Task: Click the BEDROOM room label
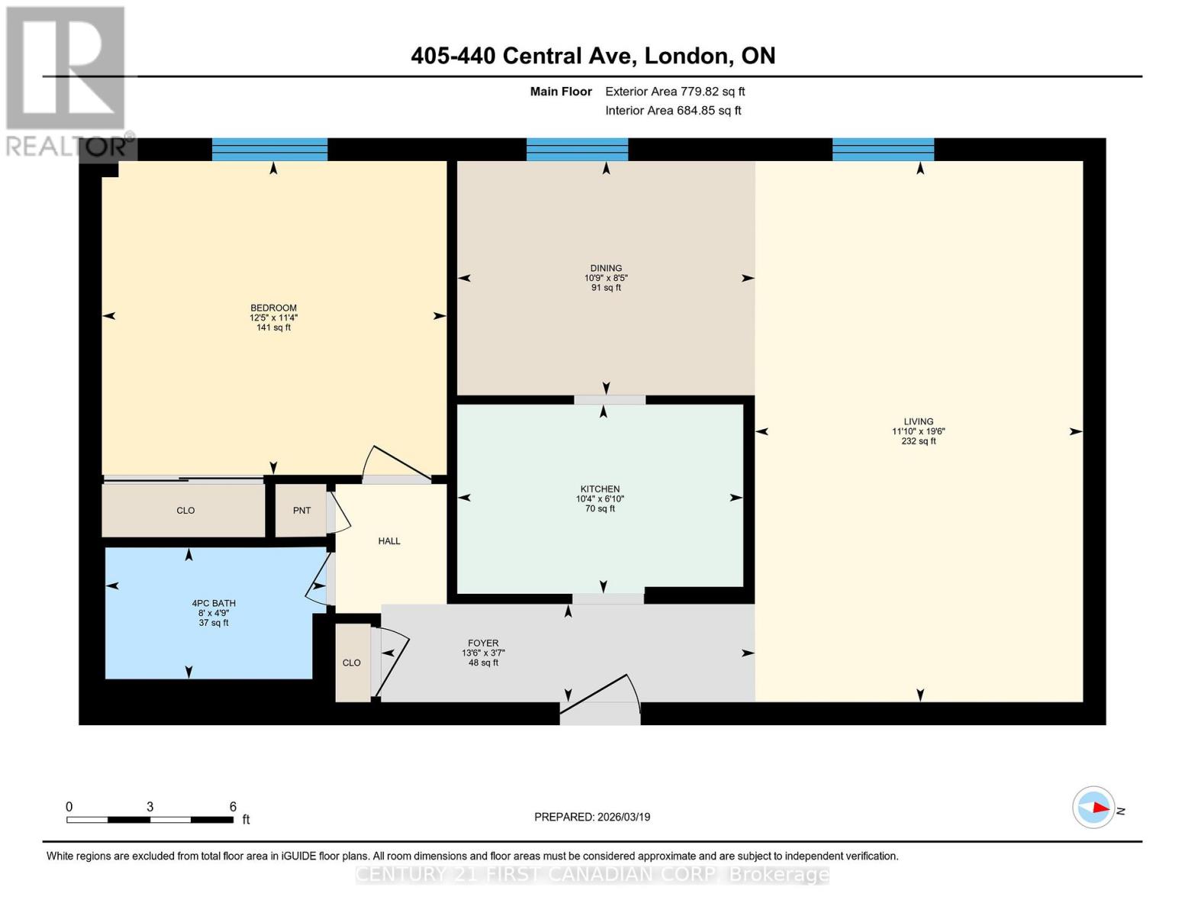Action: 273,308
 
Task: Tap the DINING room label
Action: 606,269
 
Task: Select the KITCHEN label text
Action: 600,489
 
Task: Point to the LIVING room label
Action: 918,422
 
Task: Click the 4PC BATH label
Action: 214,604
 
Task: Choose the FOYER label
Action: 483,643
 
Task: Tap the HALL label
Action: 389,541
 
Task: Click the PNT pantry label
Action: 301,511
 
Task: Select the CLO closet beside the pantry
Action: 185,511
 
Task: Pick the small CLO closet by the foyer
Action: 352,663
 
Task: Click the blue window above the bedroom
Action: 269,150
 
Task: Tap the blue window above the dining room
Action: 577,150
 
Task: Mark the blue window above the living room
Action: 883,150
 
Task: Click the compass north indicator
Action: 1094,807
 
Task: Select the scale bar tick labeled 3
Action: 150,808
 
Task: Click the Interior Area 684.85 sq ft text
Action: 673,111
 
